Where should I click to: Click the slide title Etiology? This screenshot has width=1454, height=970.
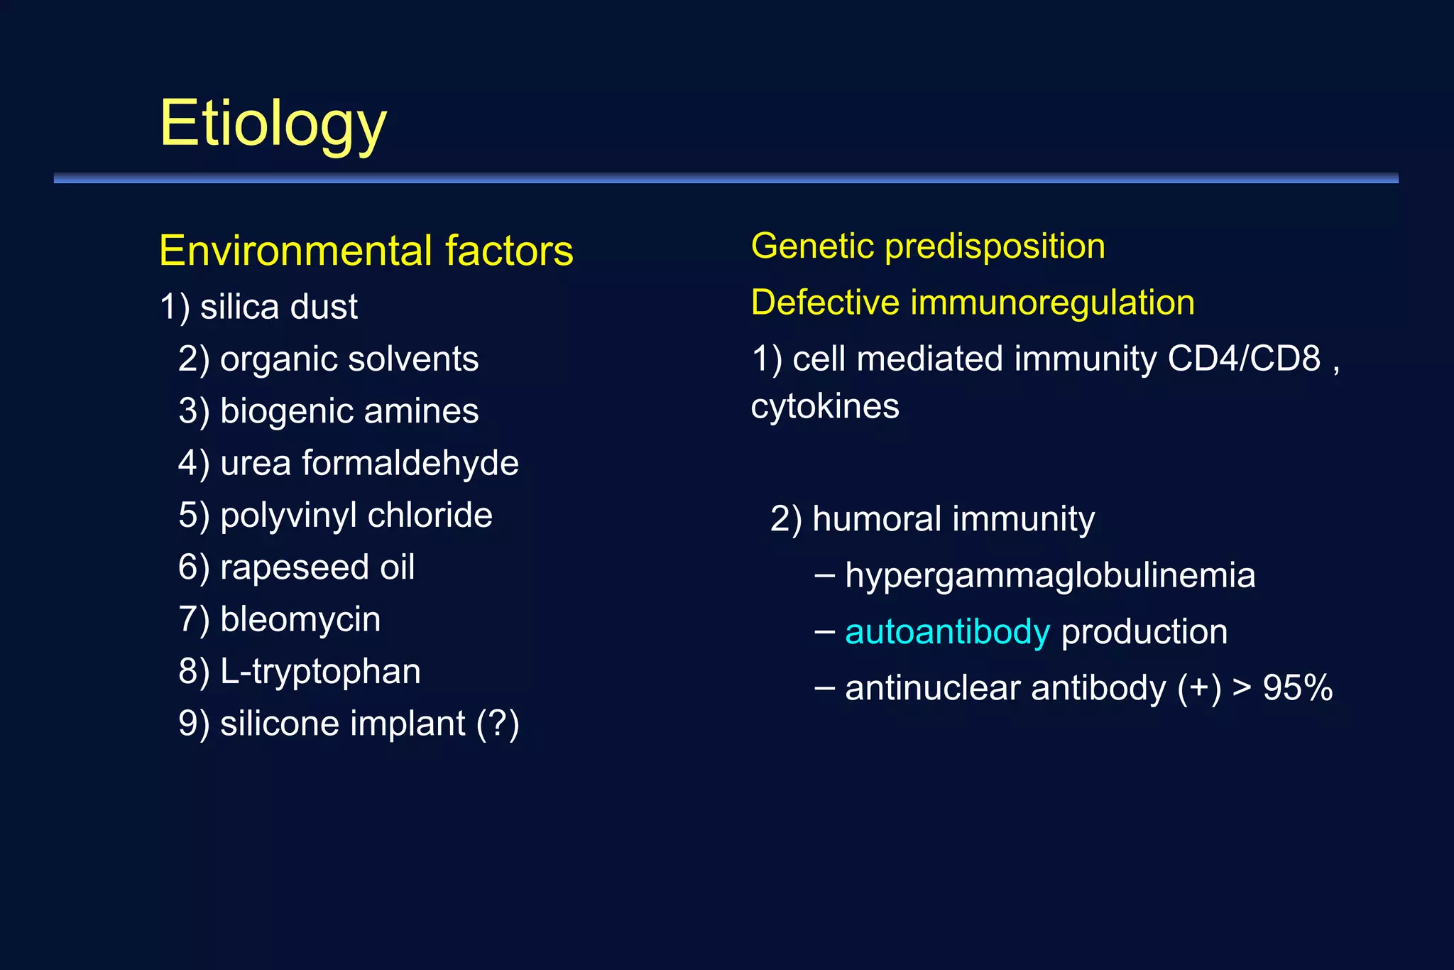click(x=273, y=124)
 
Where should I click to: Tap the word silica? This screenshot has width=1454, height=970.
click(x=239, y=307)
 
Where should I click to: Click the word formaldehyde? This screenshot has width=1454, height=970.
click(x=410, y=463)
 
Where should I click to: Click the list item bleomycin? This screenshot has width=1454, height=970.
click(x=300, y=619)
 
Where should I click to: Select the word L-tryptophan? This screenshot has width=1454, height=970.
click(x=320, y=672)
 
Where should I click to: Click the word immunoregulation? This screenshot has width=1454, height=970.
click(x=1052, y=303)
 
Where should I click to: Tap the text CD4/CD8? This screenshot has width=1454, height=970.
click(x=1244, y=359)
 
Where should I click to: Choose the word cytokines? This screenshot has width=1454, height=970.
click(x=825, y=407)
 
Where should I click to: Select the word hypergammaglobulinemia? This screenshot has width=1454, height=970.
click(x=1050, y=576)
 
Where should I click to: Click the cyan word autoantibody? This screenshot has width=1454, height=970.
click(x=947, y=632)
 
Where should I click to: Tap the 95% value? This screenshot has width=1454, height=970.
click(x=1298, y=688)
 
